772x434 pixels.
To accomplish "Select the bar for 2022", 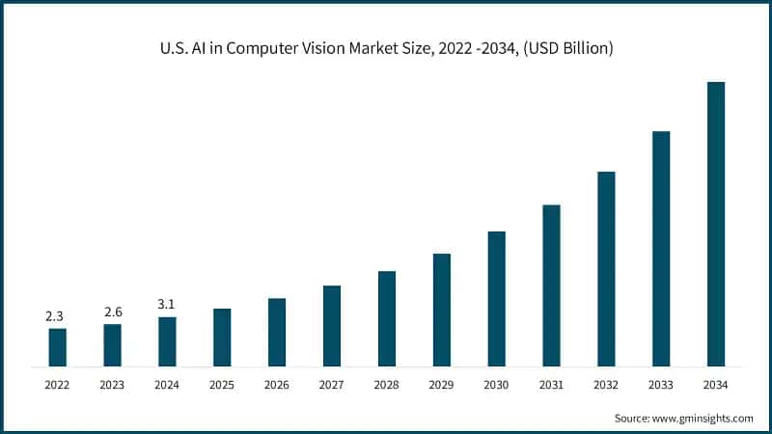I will [x=58, y=347].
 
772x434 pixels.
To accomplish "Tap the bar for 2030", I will [x=497, y=299].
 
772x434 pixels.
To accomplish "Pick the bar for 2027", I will [x=332, y=326].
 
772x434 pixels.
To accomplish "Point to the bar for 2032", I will [x=606, y=269].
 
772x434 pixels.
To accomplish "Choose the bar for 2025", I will [x=222, y=338].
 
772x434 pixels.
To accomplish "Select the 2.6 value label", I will [x=112, y=312].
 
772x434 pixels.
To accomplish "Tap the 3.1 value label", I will [x=167, y=304].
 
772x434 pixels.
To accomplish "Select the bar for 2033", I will [x=661, y=249].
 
